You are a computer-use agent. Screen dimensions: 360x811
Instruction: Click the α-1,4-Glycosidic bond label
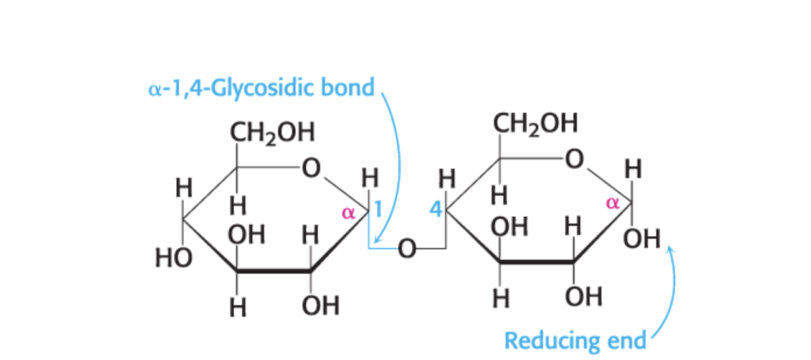(262, 88)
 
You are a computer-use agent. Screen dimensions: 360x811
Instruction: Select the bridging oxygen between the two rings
(406, 249)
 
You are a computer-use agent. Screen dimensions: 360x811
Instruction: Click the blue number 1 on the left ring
(377, 211)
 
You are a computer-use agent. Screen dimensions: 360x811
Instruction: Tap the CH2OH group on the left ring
(272, 133)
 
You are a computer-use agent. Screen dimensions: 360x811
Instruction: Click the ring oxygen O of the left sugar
(310, 168)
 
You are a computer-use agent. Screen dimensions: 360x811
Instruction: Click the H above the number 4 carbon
(447, 180)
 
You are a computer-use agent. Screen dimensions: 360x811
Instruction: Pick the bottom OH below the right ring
(584, 296)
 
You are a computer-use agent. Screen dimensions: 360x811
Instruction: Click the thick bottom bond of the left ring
(273, 272)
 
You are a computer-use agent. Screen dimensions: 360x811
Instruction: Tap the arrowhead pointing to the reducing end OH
(670, 250)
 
